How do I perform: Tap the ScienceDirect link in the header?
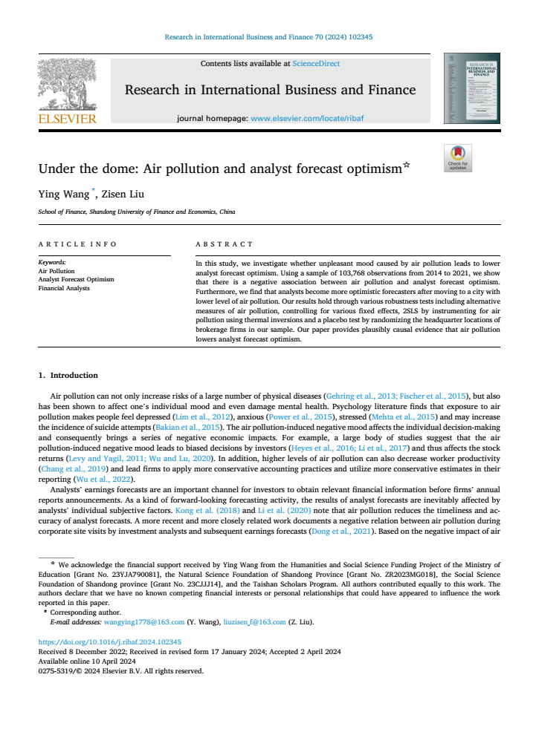coord(316,64)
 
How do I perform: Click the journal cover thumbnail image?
coord(471,88)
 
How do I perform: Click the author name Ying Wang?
coord(63,195)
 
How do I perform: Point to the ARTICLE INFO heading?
coord(77,244)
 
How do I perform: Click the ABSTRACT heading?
coord(224,244)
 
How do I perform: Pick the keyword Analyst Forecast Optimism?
coord(76,279)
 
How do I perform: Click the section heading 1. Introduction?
coord(68,375)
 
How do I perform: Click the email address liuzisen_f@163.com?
coord(254,622)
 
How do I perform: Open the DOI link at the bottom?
coord(110,641)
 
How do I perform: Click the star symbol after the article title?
coord(406,165)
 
